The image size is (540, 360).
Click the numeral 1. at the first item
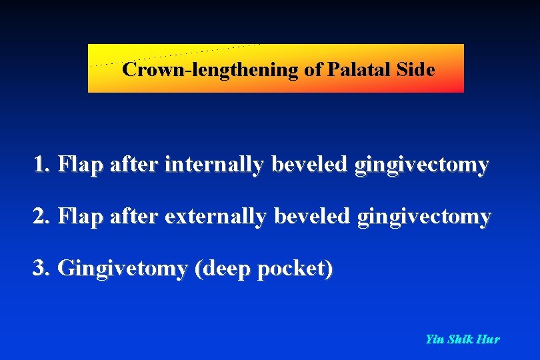coord(42,164)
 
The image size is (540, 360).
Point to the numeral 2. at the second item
coord(42,217)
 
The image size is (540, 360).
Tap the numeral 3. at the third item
coord(42,269)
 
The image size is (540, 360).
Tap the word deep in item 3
coord(221,269)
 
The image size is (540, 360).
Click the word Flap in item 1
coord(79,164)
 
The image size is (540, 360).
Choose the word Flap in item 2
coord(79,217)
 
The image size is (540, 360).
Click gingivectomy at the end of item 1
coord(421,164)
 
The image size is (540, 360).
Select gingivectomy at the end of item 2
coord(423,217)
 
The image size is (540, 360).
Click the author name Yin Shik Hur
coord(462,339)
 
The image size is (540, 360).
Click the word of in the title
coord(313,70)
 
